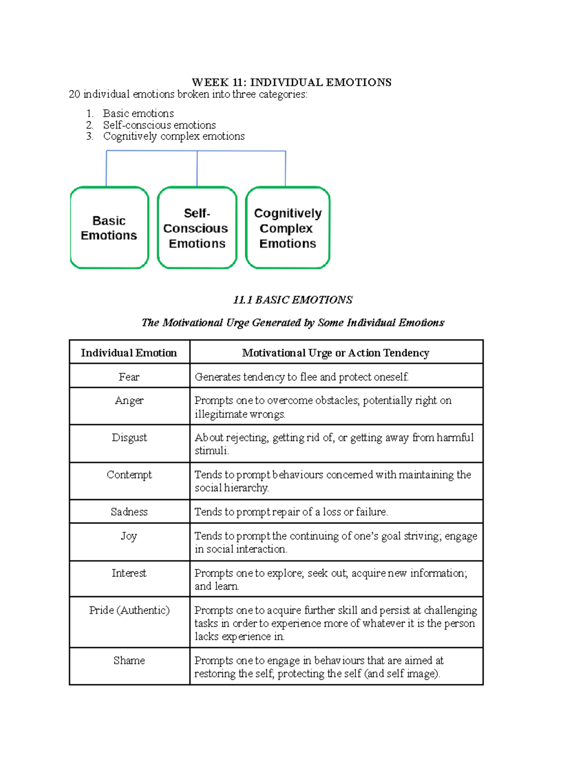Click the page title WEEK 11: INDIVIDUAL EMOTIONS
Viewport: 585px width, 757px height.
pos(292,82)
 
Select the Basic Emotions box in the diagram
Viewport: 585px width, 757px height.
pos(109,228)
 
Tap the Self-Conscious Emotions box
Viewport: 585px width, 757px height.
pos(197,228)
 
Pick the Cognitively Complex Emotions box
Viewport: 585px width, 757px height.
pos(288,228)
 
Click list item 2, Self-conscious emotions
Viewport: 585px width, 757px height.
pos(159,125)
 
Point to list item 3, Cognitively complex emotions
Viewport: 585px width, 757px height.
pos(174,136)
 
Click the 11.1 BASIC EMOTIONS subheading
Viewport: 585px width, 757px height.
pos(292,300)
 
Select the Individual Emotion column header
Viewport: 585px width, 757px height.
pos(129,352)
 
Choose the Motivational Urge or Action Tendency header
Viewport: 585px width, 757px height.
pos(335,352)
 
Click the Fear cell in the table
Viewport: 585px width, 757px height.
pos(129,377)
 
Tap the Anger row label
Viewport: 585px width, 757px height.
pos(129,400)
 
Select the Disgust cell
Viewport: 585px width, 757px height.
pos(129,437)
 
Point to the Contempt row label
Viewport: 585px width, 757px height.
pos(129,474)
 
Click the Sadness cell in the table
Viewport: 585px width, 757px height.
pos(129,511)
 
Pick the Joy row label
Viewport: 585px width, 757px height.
pos(129,536)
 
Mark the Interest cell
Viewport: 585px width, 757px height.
pos(129,573)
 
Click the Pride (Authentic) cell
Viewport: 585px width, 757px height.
pos(129,610)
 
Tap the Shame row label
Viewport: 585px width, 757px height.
pos(129,660)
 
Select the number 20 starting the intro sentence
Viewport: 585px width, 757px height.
pos(75,94)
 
